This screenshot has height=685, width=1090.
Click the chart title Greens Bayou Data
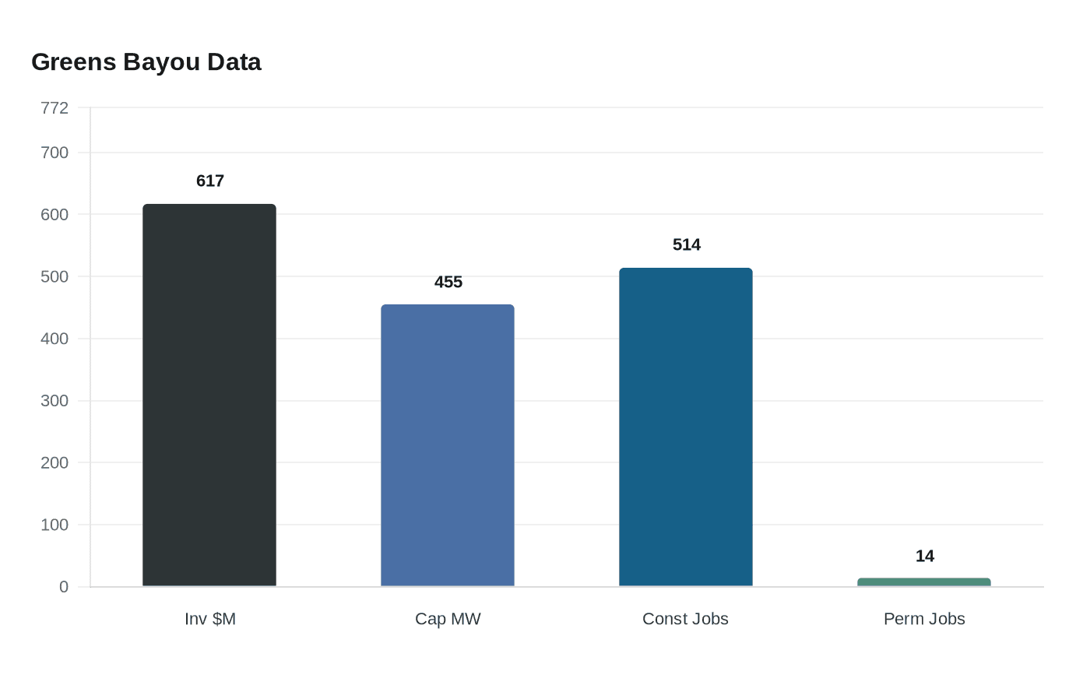click(146, 62)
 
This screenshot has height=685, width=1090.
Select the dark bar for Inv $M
click(209, 395)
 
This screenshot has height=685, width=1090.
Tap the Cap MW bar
click(448, 445)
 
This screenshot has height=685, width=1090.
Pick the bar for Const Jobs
click(686, 427)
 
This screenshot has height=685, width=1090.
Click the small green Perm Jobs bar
click(924, 582)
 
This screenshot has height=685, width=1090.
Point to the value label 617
click(210, 181)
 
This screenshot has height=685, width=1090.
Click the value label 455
click(448, 283)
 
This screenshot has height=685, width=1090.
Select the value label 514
click(687, 245)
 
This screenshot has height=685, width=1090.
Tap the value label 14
click(925, 557)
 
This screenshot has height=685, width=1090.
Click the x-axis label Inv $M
click(210, 619)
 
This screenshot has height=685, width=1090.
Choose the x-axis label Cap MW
click(448, 619)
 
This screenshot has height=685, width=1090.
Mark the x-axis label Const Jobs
click(685, 619)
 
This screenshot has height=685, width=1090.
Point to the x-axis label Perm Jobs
click(924, 619)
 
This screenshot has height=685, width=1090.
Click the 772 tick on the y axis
click(54, 108)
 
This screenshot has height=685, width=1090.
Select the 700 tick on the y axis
click(54, 153)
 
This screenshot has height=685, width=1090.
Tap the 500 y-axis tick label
click(54, 277)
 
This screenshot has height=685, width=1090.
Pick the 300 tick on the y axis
click(54, 401)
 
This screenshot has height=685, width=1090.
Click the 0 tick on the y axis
click(64, 587)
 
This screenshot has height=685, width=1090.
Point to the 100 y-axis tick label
click(54, 525)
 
